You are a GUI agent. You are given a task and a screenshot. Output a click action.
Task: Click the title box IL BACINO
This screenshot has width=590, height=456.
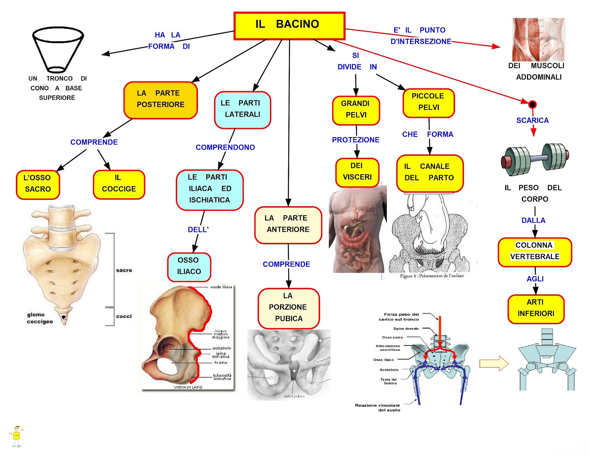[x=289, y=25]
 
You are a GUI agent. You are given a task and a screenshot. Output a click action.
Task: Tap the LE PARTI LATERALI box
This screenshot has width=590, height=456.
[x=242, y=110]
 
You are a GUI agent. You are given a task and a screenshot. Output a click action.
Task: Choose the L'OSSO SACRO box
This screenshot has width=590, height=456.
[x=38, y=184]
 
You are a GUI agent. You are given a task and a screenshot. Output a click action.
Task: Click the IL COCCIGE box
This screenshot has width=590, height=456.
[x=119, y=184]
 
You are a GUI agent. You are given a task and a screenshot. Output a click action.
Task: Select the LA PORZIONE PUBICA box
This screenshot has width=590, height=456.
[x=288, y=308]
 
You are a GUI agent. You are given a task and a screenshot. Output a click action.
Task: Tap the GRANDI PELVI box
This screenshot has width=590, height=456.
[x=356, y=110]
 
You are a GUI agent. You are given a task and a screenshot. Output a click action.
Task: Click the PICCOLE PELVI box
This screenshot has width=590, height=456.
[x=428, y=103]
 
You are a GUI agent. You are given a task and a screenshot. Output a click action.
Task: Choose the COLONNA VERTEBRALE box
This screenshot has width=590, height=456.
[x=535, y=252]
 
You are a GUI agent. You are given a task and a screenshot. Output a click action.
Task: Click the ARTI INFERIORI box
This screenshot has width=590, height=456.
[x=536, y=309]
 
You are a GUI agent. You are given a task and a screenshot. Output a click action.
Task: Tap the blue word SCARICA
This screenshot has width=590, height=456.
[x=532, y=121]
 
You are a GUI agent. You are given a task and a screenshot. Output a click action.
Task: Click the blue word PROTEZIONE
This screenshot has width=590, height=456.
[x=355, y=140]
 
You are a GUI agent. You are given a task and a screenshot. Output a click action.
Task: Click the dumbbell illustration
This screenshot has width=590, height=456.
[x=534, y=159]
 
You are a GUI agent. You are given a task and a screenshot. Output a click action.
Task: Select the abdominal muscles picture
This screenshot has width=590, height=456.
[x=538, y=39]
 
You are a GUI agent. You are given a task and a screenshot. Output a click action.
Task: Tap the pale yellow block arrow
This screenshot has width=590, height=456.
[x=494, y=363]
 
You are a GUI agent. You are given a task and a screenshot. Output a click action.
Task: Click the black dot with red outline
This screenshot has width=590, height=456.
[x=532, y=104]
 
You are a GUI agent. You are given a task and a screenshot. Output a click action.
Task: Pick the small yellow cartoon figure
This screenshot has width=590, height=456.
[x=17, y=436]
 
